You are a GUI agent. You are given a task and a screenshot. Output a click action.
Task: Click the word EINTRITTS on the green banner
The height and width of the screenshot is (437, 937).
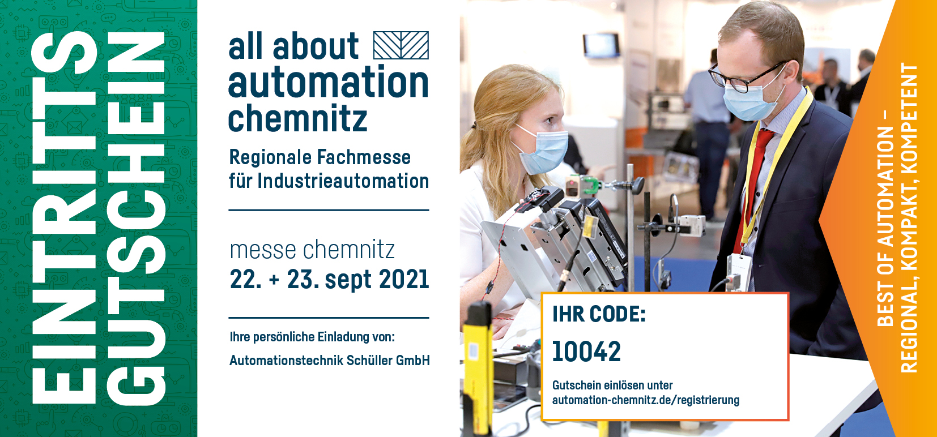(x=64, y=218)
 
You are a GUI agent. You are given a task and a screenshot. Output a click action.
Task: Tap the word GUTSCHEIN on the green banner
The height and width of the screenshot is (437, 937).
(x=137, y=218)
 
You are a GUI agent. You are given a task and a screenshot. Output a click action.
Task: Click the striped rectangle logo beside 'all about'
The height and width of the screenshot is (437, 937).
(x=401, y=45)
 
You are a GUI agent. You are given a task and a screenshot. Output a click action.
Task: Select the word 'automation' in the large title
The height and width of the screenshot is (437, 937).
(x=329, y=82)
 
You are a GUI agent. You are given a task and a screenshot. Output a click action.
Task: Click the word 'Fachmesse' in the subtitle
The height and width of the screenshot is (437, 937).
(x=364, y=157)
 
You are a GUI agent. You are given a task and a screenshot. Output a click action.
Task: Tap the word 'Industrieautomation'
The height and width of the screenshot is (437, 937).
(x=343, y=181)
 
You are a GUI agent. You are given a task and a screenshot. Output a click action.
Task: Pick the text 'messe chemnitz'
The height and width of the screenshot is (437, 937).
(x=312, y=250)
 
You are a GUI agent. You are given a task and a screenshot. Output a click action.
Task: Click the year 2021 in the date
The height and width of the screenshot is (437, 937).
(x=404, y=279)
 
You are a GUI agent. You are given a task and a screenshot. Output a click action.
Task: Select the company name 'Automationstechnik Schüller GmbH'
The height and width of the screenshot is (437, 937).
(x=330, y=360)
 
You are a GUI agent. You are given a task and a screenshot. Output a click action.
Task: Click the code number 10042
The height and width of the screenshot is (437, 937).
(x=586, y=352)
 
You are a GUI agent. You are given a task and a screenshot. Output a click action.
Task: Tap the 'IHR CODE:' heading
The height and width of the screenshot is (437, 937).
(x=599, y=314)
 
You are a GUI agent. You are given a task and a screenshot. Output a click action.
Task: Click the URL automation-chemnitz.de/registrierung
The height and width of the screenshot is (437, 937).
(x=646, y=400)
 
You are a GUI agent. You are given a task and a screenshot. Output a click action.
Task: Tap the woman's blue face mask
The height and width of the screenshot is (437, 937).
(x=544, y=151)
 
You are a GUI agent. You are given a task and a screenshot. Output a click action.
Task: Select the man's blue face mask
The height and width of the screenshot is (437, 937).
(x=753, y=100)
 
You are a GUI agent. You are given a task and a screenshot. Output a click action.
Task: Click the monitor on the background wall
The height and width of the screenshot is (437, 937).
(x=602, y=45)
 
